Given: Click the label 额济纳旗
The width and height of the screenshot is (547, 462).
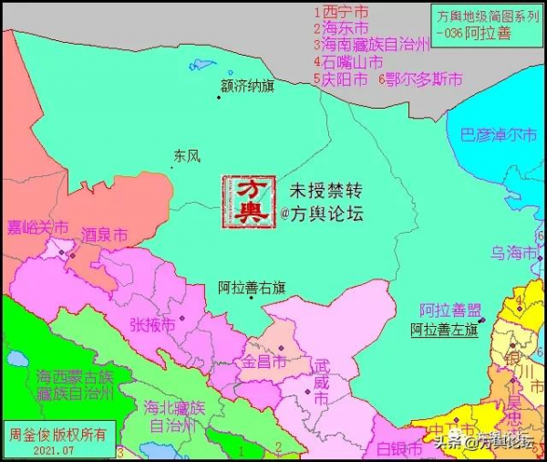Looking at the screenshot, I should tap(247, 86).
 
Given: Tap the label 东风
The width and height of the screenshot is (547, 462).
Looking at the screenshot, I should tap(186, 156).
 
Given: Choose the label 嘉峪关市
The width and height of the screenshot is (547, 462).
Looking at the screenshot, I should tap(37, 226).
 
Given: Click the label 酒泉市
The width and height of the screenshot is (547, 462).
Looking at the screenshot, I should tap(104, 236).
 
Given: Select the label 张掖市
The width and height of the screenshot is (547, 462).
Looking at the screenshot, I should tap(151, 324).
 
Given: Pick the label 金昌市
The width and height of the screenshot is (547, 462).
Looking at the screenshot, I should tap(263, 362).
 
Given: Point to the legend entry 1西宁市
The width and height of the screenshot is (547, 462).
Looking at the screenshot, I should tap(341, 13).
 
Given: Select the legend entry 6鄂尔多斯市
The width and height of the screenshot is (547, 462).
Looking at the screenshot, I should tap(419, 79).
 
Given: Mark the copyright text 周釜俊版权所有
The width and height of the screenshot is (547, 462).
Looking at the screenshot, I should tap(57, 433).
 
